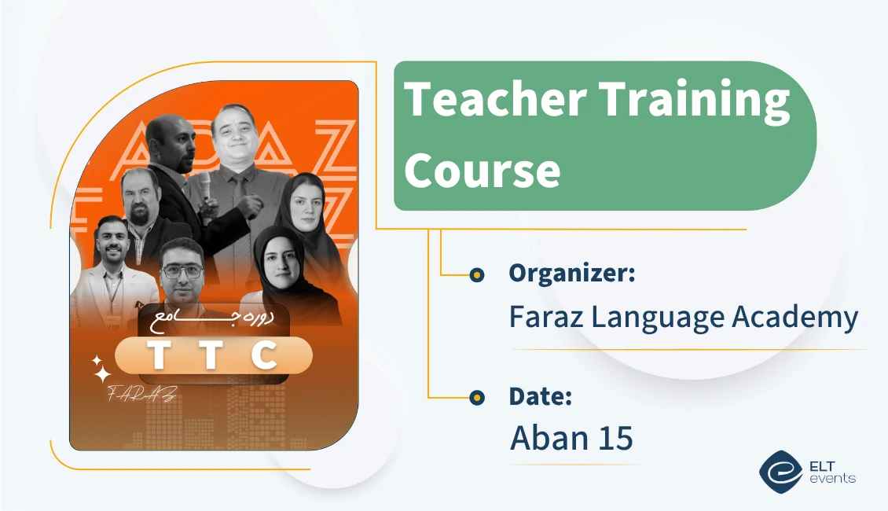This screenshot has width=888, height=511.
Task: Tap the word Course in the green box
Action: (482, 169)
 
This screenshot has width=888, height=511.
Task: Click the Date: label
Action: (540, 397)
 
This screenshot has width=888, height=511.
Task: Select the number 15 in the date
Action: (615, 438)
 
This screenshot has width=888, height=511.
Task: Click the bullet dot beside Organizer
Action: (476, 275)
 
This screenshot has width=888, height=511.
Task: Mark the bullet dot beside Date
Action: (476, 399)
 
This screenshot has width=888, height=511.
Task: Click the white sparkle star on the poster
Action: (101, 369)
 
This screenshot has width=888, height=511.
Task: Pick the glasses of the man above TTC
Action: (182, 270)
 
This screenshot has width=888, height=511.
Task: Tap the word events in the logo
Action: (835, 478)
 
